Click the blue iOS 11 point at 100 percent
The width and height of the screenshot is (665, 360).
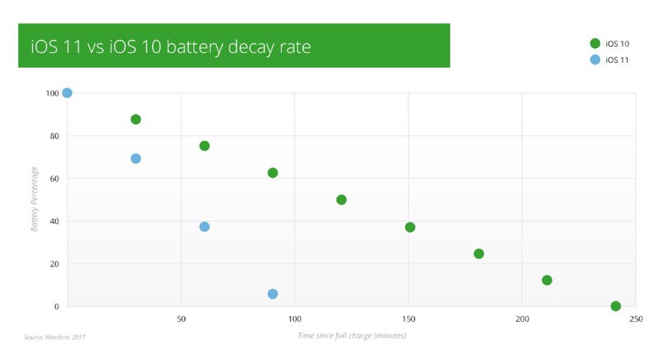(x=67, y=93)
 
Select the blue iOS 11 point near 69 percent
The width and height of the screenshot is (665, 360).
(x=136, y=159)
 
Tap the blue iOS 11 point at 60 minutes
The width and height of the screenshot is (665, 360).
(x=204, y=227)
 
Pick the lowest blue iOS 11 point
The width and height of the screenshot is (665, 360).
(x=273, y=294)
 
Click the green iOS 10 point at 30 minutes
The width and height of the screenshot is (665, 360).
(x=136, y=119)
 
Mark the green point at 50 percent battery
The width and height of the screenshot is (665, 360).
(x=342, y=200)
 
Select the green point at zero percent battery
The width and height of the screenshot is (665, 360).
(x=616, y=306)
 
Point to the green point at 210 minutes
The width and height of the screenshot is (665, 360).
(x=547, y=280)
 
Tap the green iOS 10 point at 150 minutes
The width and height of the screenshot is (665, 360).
(x=410, y=227)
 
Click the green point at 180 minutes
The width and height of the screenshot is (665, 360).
(x=479, y=254)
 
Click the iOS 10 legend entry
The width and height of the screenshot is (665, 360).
(x=610, y=44)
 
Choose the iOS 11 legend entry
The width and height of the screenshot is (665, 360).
(x=610, y=60)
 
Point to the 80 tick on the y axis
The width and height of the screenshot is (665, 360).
(x=54, y=136)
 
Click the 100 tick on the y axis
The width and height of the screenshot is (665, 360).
(x=51, y=93)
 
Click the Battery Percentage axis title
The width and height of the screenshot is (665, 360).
(x=35, y=200)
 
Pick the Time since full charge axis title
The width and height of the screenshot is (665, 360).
(x=352, y=335)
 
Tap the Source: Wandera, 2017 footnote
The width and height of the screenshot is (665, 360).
(x=54, y=337)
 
